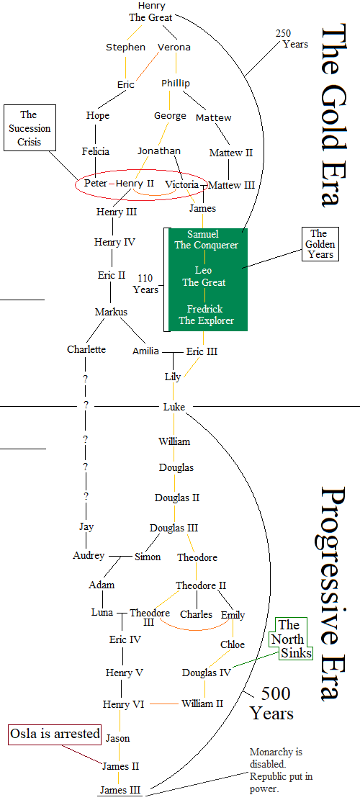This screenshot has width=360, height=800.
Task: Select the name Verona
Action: pyautogui.click(x=174, y=48)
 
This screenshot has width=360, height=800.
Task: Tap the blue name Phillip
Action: pyautogui.click(x=176, y=84)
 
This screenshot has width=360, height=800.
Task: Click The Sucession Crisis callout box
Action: pyautogui.click(x=29, y=128)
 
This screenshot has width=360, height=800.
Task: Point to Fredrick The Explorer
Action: pyautogui.click(x=206, y=315)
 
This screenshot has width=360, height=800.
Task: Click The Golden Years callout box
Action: pyautogui.click(x=318, y=244)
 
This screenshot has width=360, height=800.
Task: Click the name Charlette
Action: pyautogui.click(x=86, y=350)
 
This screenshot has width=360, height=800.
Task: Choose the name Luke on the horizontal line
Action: pyautogui.click(x=174, y=408)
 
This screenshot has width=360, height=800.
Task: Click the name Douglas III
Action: pyautogui.click(x=174, y=528)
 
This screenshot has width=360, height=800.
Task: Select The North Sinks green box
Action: pyautogui.click(x=294, y=639)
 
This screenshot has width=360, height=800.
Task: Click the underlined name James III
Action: pyautogui.click(x=120, y=791)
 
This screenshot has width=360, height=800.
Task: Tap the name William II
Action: pyautogui.click(x=202, y=704)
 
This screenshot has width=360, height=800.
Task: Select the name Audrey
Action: pyautogui.click(x=89, y=556)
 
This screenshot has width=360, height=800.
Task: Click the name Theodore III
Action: pyautogui.click(x=150, y=617)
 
